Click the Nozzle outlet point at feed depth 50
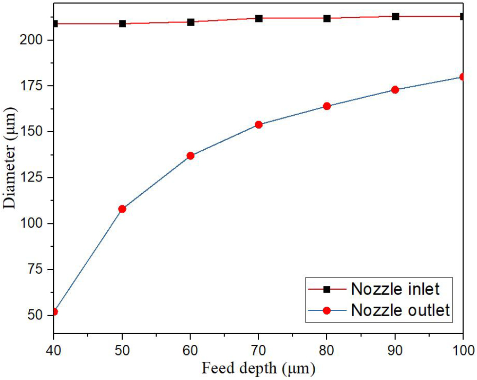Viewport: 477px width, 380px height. pyautogui.click(x=122, y=209)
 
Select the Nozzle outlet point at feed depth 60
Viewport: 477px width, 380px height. pyautogui.click(x=191, y=156)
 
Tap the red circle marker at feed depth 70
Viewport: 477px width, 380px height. pyautogui.click(x=259, y=124)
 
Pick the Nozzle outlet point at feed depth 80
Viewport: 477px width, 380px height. pyautogui.click(x=327, y=106)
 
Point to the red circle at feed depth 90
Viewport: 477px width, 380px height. pyautogui.click(x=395, y=90)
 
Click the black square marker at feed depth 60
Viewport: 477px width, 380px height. pyautogui.click(x=191, y=22)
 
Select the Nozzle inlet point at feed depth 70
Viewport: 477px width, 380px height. pyautogui.click(x=259, y=19)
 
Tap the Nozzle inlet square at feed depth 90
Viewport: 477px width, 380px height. pyautogui.click(x=396, y=17)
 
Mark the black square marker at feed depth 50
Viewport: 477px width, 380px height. pyautogui.click(x=122, y=23)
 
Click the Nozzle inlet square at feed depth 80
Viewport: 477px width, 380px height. pyautogui.click(x=327, y=19)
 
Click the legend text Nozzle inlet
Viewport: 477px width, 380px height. pyautogui.click(x=395, y=289)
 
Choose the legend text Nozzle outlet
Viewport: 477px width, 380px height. pyautogui.click(x=400, y=310)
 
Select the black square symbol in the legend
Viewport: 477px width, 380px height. pyautogui.click(x=327, y=289)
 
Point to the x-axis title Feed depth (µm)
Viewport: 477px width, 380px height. pyautogui.click(x=258, y=367)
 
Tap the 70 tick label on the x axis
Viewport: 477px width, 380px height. pyautogui.click(x=259, y=350)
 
